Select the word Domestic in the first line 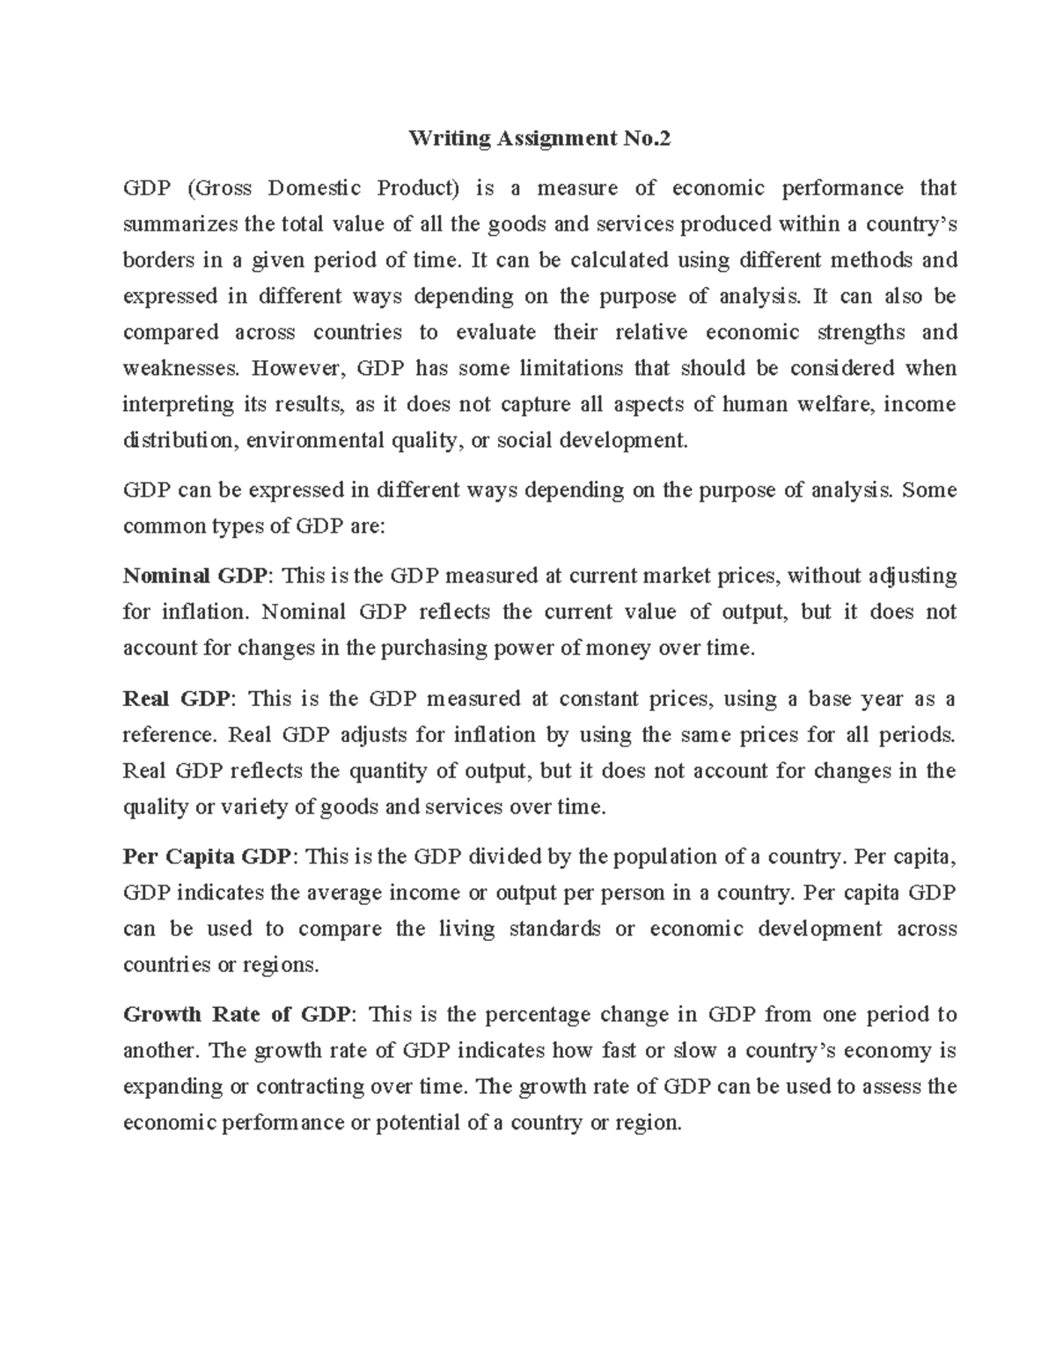[x=314, y=188]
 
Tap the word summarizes [x=180, y=224]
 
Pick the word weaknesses [x=180, y=368]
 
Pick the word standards [x=554, y=930]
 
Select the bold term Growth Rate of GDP [x=238, y=1015]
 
